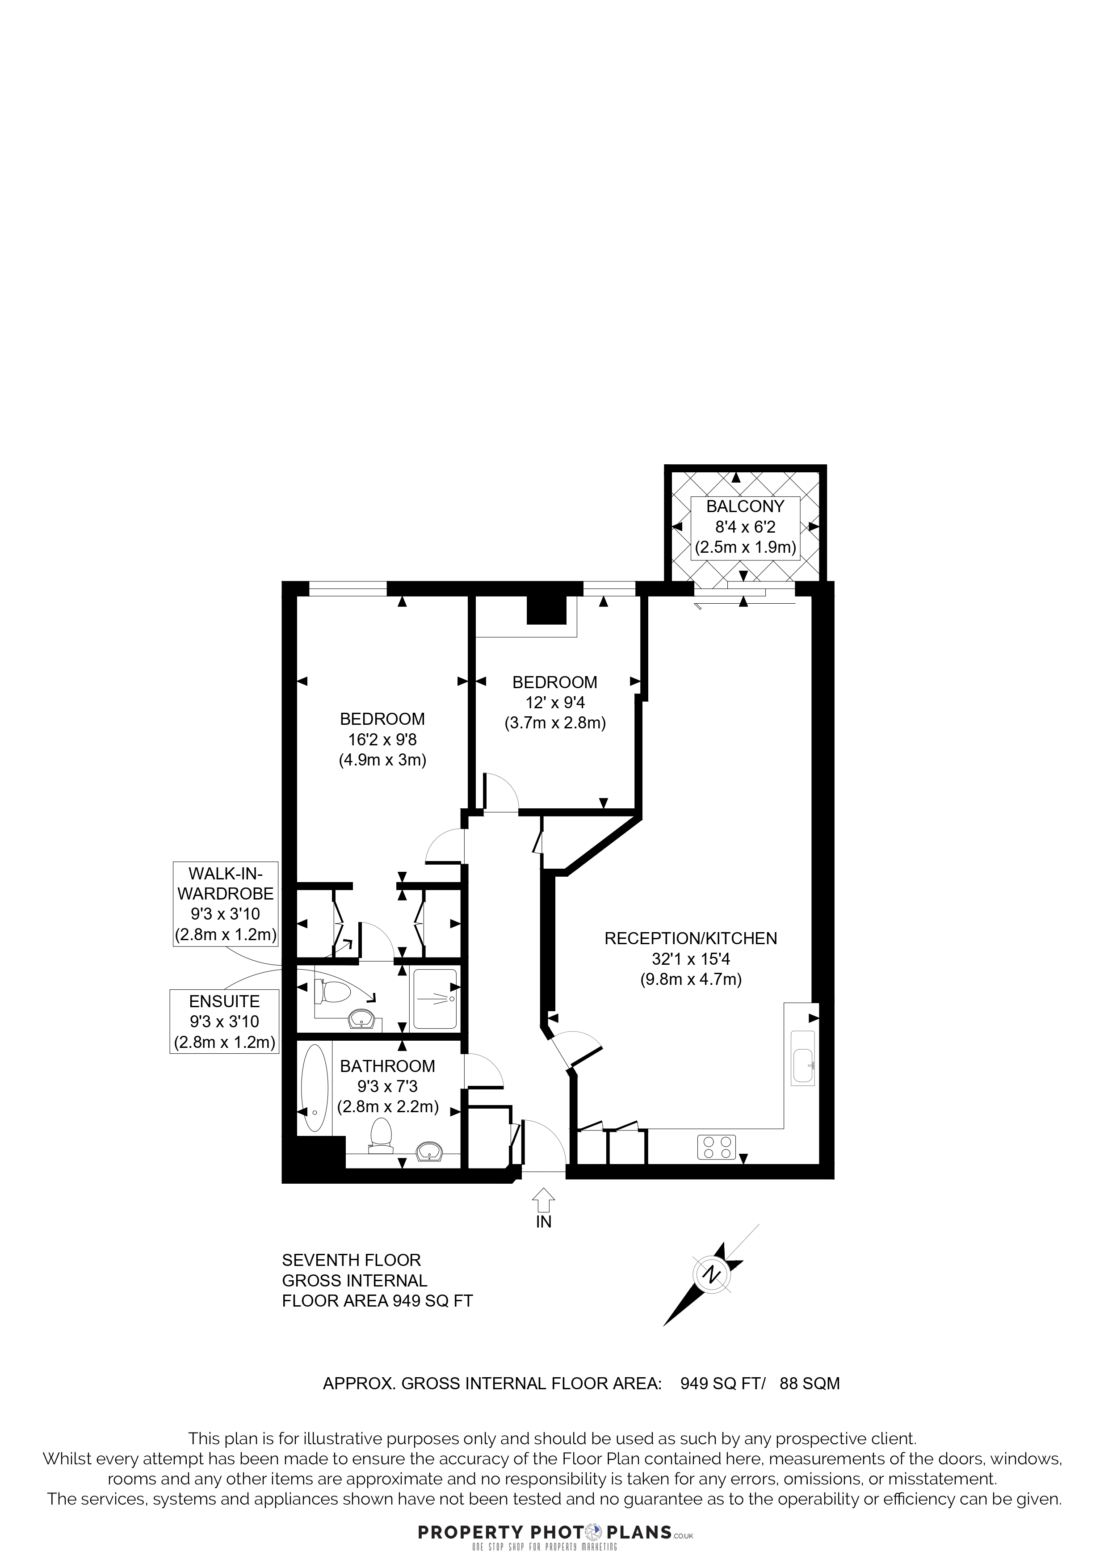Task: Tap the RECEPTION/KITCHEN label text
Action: coord(691,938)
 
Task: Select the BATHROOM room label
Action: coord(388,1066)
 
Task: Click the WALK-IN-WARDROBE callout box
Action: coord(225,904)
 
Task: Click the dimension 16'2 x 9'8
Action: coord(382,739)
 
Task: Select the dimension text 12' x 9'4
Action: coord(555,702)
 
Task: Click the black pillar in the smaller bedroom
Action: coord(546,610)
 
